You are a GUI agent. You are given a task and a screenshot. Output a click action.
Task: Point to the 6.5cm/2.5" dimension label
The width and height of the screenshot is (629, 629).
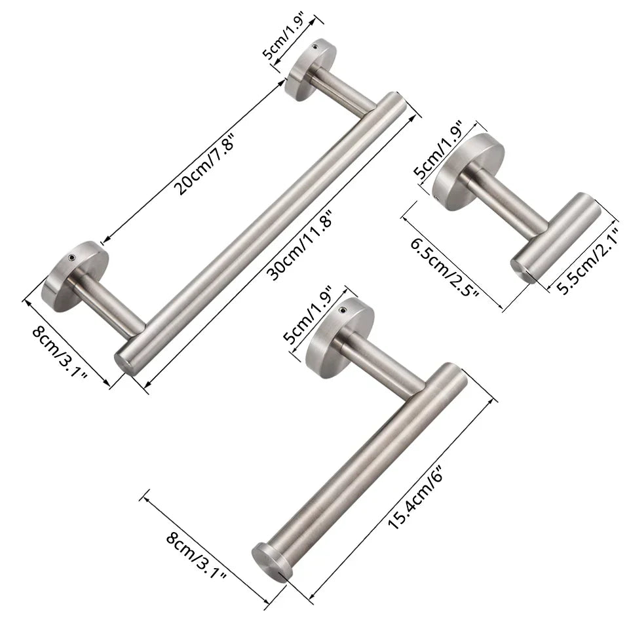point(446,269)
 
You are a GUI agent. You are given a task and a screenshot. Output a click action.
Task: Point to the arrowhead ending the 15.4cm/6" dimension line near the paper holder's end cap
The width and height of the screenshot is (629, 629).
point(308,597)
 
